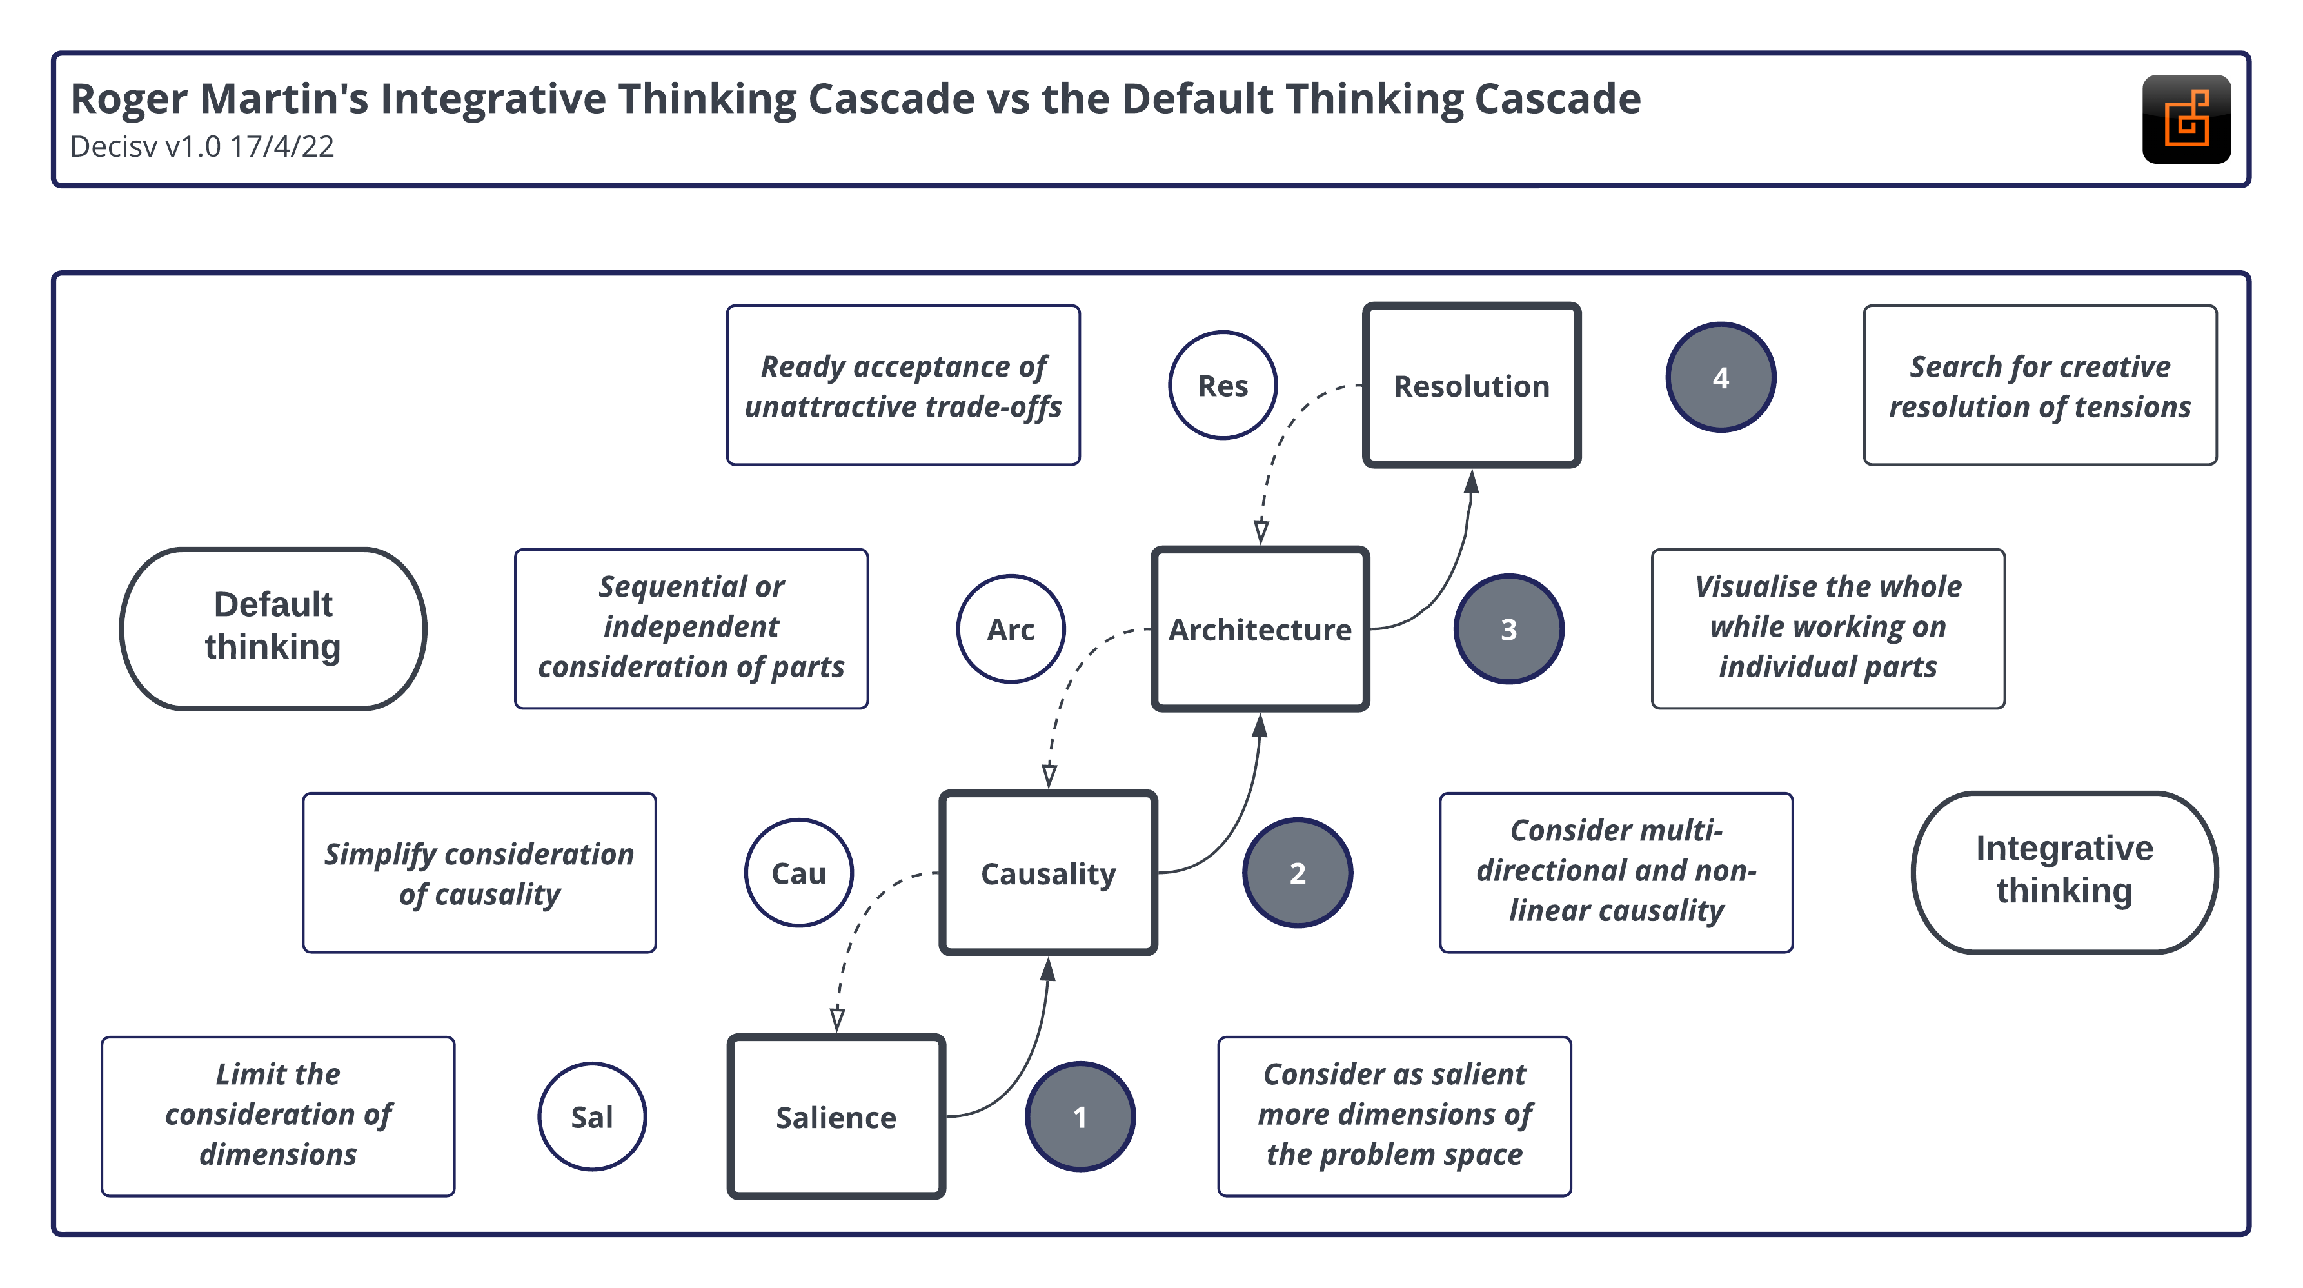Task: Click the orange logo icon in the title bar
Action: pyautogui.click(x=2185, y=119)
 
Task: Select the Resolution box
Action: pyautogui.click(x=1470, y=385)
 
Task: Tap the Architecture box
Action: pyautogui.click(x=1260, y=629)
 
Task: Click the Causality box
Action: pyautogui.click(x=1048, y=873)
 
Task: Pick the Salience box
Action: pyautogui.click(x=836, y=1117)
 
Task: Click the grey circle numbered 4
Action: pyautogui.click(x=1720, y=377)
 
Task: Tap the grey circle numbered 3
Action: pyautogui.click(x=1508, y=629)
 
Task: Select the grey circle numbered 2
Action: pyautogui.click(x=1297, y=873)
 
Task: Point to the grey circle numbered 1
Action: pyautogui.click(x=1080, y=1117)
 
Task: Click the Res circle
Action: pyautogui.click(x=1222, y=385)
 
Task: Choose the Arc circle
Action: pyautogui.click(x=1010, y=629)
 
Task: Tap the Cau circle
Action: pyautogui.click(x=798, y=873)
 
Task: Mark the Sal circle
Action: pyautogui.click(x=592, y=1117)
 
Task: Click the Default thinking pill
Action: pyautogui.click(x=273, y=629)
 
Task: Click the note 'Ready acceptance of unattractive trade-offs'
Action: pyautogui.click(x=903, y=385)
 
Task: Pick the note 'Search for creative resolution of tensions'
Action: pyautogui.click(x=2039, y=385)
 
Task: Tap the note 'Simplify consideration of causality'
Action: pyautogui.click(x=479, y=873)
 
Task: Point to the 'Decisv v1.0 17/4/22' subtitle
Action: pyautogui.click(x=202, y=146)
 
